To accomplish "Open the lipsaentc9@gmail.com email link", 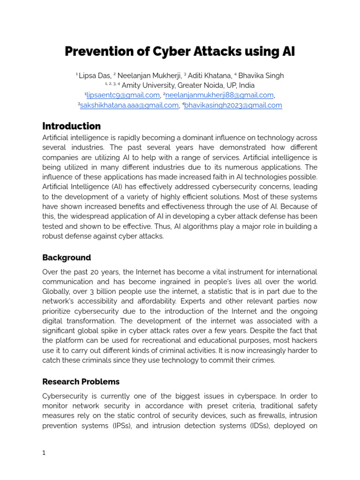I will coord(123,95).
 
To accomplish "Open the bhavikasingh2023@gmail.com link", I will coord(233,105).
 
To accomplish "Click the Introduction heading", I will coord(71,126).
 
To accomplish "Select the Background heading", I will coord(67,258).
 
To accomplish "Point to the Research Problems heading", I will coord(81,382).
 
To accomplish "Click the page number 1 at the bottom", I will coord(44,453).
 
